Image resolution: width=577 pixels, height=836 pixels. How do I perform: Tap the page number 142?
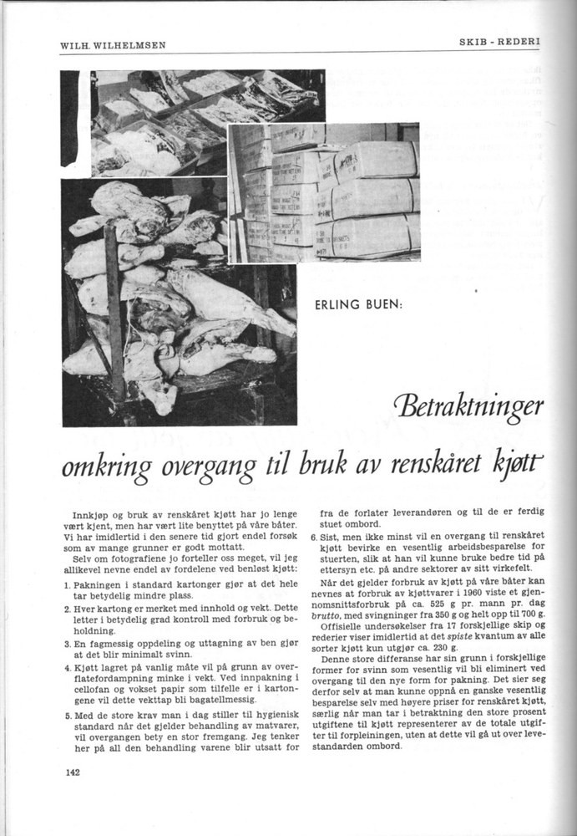point(71,772)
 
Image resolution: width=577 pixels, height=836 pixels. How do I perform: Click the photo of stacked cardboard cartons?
point(325,194)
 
